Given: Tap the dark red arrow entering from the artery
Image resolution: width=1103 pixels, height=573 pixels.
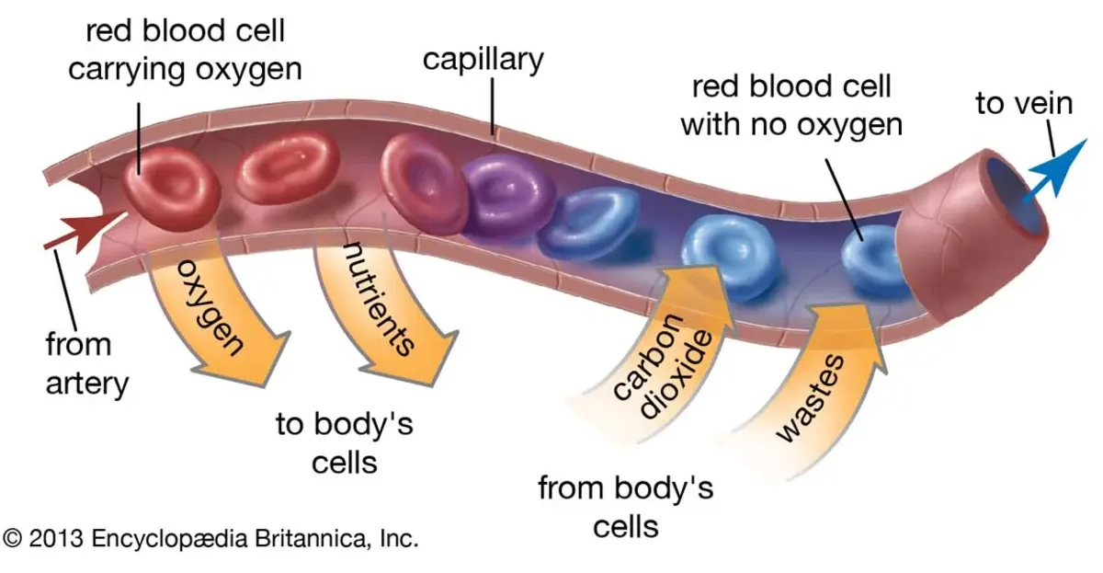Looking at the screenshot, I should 87,230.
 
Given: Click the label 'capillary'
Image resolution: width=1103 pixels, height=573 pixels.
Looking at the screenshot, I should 483,60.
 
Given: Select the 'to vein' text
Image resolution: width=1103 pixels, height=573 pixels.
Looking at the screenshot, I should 1024,103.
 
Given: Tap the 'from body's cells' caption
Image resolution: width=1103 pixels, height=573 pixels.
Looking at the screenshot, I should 625,506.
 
